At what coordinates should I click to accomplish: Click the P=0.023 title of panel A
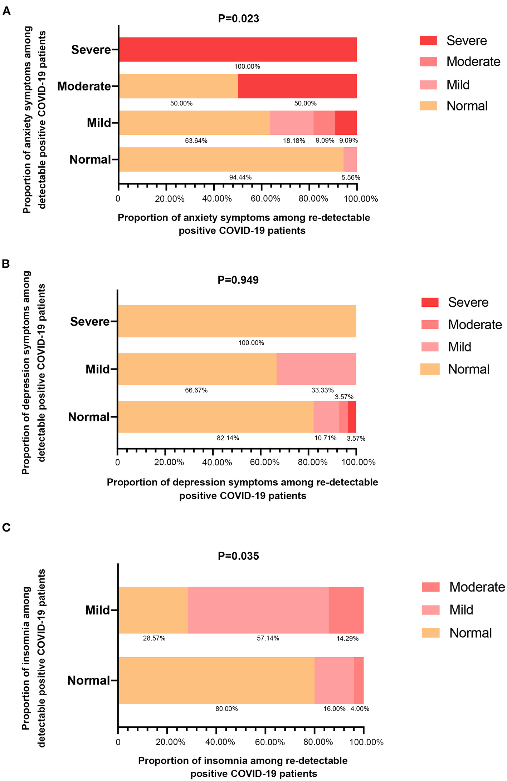tap(238, 19)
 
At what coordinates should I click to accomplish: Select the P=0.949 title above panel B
tap(238, 280)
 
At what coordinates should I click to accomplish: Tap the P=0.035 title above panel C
tap(238, 556)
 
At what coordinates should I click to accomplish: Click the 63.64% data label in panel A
tap(196, 141)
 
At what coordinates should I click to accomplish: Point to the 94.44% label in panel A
tap(240, 177)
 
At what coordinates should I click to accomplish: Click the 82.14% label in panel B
tap(228, 438)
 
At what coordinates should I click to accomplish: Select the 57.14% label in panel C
tap(268, 638)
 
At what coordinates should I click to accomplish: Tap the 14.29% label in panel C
tap(347, 638)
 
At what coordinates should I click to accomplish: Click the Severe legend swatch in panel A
tap(428, 41)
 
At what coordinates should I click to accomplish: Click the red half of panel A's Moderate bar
tap(297, 86)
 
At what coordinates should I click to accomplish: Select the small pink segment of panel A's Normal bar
tap(350, 159)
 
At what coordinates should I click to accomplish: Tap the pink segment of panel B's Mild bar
tap(316, 369)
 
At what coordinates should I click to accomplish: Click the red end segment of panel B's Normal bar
tap(352, 417)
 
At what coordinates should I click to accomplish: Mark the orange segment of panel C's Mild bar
tap(153, 610)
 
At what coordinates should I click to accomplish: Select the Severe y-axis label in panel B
tap(89, 321)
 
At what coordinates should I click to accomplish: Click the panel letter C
tap(6, 528)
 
